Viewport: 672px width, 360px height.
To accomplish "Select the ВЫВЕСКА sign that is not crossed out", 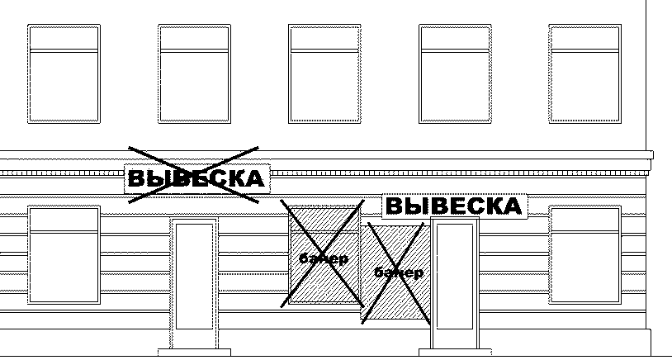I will tap(454, 206).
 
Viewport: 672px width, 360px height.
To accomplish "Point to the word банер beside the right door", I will tap(399, 272).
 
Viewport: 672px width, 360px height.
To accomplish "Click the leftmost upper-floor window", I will tap(64, 73).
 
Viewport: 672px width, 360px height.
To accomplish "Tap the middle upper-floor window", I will tap(324, 73).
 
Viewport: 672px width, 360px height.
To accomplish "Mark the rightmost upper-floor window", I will tap(584, 73).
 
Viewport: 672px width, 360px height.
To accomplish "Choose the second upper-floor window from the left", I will tap(194, 73).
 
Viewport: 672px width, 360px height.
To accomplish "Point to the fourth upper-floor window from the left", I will tap(455, 73).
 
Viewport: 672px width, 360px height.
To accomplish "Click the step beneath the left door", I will tap(193, 353).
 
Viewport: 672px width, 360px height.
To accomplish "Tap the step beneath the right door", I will tap(456, 353).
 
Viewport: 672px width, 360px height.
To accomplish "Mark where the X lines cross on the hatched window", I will tap(323, 251).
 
